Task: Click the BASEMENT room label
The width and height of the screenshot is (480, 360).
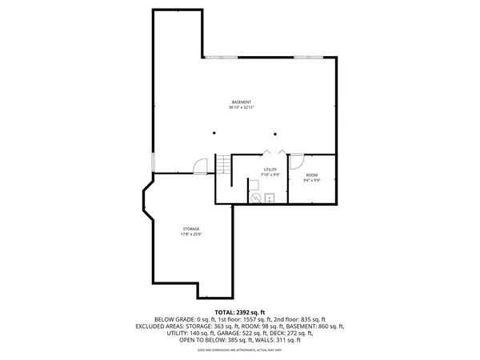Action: (242, 102)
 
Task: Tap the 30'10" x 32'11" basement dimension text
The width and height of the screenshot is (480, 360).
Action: (242, 108)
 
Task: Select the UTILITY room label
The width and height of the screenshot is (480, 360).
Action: (270, 170)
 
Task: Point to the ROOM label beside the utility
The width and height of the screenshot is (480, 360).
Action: (311, 175)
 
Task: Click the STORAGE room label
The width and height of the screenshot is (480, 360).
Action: (190, 229)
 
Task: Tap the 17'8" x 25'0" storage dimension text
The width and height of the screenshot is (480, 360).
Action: (190, 234)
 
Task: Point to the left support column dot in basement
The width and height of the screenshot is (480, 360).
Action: (214, 134)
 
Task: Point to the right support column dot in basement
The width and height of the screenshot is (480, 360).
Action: (274, 134)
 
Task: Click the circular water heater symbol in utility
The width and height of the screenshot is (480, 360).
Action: (256, 198)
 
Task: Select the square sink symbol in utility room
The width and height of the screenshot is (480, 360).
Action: (270, 198)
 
